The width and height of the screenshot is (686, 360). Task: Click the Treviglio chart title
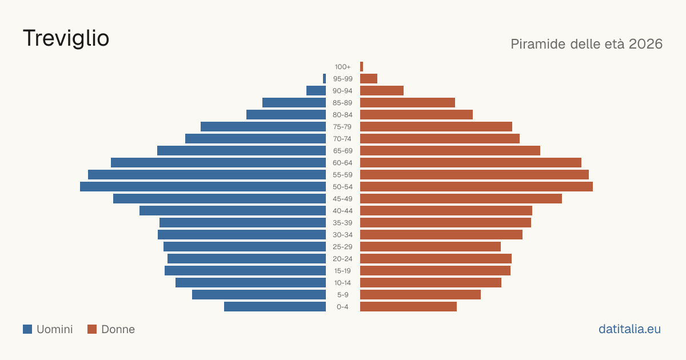(66, 38)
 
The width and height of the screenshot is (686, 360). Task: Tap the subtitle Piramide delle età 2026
(587, 44)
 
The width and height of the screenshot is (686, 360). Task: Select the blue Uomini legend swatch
(27, 329)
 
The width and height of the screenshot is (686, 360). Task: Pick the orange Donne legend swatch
(92, 329)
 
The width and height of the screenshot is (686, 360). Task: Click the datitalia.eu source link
(629, 329)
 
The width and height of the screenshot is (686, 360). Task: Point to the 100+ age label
(342, 67)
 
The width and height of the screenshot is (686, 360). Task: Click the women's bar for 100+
(361, 67)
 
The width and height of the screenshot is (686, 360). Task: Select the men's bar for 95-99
(324, 79)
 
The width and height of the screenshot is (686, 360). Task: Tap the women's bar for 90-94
(382, 91)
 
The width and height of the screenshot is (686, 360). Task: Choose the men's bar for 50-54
(203, 187)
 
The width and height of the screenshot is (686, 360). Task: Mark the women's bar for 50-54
(477, 187)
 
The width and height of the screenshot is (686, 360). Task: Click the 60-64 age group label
(342, 163)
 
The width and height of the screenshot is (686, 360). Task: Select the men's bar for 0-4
(275, 307)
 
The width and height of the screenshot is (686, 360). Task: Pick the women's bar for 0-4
(409, 307)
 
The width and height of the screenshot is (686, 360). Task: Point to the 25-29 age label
(342, 247)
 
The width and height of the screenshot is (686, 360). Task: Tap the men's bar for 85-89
(294, 102)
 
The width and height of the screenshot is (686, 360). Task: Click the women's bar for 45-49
(461, 199)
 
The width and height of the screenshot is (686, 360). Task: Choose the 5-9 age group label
(342, 295)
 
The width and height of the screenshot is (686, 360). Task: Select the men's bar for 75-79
(263, 127)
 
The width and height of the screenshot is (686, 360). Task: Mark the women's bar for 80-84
(417, 115)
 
